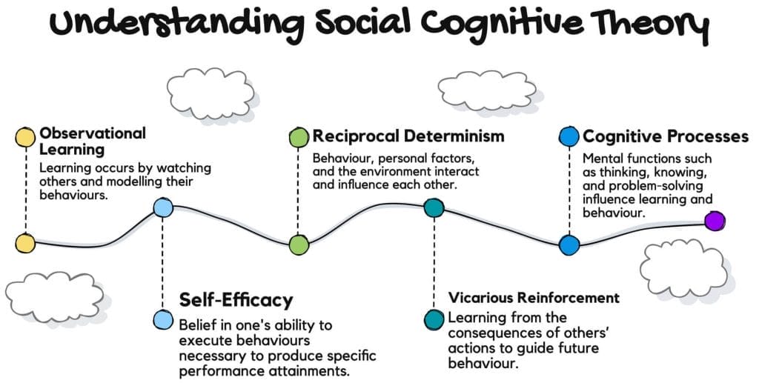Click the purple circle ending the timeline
point(714,221)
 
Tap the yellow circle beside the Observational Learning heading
point(25,138)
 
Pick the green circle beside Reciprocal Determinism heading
point(299,137)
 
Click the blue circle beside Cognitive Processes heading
point(569,137)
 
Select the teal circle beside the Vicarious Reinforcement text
point(434,320)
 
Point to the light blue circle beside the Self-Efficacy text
point(162,320)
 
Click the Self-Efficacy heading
point(236,300)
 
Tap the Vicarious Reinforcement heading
point(534,298)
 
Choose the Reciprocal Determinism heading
point(408,136)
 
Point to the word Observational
point(93,133)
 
